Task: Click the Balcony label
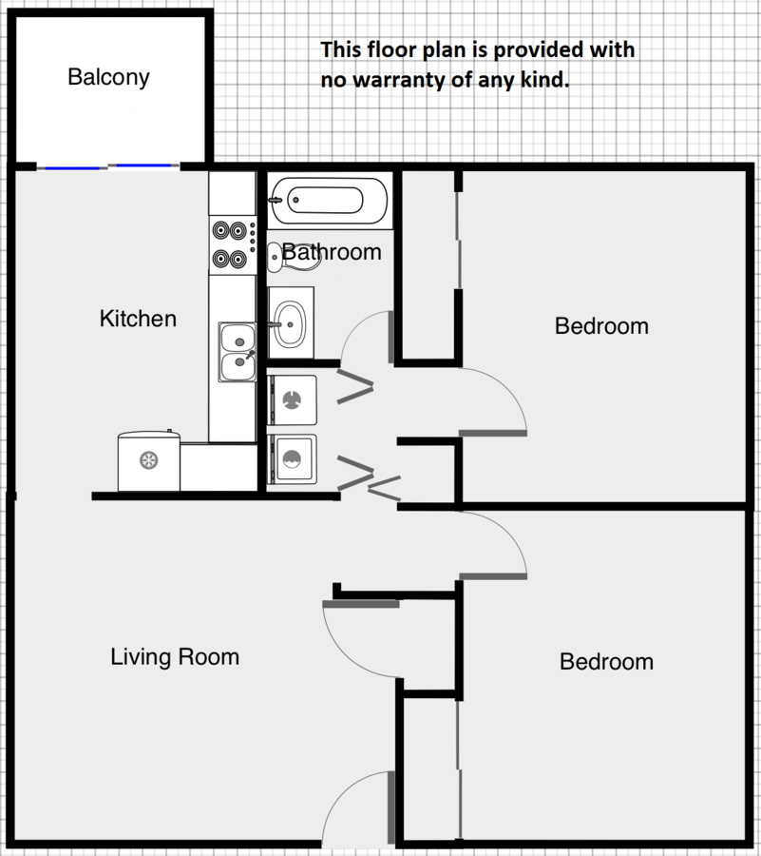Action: (x=108, y=78)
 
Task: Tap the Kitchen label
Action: (x=138, y=319)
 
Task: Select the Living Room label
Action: (x=175, y=656)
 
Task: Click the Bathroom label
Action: (x=332, y=252)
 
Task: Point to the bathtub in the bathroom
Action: (x=330, y=200)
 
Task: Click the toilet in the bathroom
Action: (x=295, y=257)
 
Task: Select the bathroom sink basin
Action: (x=290, y=325)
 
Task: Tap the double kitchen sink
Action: (x=238, y=352)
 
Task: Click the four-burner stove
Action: (x=233, y=244)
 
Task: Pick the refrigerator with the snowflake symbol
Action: (x=149, y=460)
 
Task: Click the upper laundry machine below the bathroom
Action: (x=293, y=400)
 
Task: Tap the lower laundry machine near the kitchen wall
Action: (x=293, y=459)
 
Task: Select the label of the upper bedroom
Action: (x=601, y=326)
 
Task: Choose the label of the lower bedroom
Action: (x=607, y=662)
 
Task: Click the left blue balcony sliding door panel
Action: (x=72, y=168)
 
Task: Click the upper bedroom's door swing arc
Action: (x=507, y=389)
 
